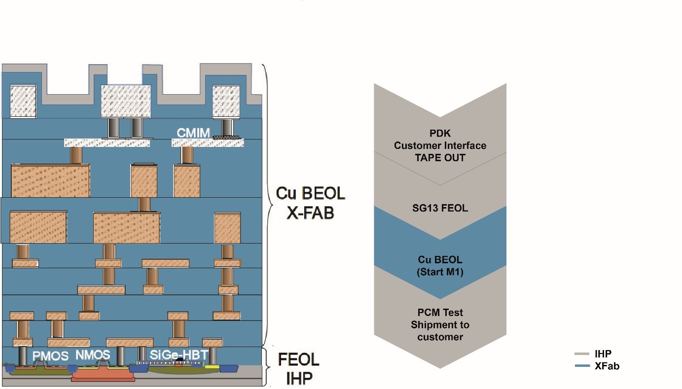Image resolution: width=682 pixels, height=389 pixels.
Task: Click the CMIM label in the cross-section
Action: click(193, 133)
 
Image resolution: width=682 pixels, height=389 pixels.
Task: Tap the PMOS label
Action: click(50, 356)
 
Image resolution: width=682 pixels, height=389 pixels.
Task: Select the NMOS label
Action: click(93, 355)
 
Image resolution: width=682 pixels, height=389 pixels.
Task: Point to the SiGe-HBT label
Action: click(179, 355)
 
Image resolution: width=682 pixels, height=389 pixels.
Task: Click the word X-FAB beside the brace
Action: click(310, 213)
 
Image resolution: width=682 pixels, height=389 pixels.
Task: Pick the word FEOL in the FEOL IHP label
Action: click(298, 359)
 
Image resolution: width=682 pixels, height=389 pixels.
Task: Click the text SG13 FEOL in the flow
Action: click(440, 208)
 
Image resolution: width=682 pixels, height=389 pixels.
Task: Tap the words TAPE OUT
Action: click(440, 158)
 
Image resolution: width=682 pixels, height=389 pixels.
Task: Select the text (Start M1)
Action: click(440, 272)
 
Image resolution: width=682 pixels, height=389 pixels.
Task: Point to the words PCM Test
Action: click(440, 313)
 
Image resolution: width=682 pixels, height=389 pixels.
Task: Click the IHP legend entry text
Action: click(603, 354)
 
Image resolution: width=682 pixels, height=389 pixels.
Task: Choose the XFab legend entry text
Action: click(607, 366)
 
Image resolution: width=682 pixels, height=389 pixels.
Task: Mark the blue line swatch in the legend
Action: click(582, 365)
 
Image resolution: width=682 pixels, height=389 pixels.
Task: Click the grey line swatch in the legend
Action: click(582, 354)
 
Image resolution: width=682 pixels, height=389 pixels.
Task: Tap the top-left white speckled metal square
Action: click(23, 102)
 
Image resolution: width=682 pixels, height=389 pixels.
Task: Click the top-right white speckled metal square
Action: click(226, 102)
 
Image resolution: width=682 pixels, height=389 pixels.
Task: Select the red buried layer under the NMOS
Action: click(103, 378)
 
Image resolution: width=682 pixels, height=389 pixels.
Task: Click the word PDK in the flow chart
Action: click(440, 133)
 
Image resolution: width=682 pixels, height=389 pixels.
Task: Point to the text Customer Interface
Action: click(440, 145)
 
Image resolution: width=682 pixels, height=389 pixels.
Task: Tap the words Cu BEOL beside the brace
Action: click(310, 193)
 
